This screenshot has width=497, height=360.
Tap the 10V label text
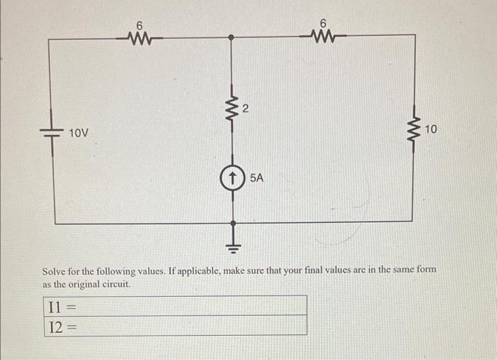pos(79,133)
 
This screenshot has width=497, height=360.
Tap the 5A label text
pos(256,178)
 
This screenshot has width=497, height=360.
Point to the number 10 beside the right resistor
pos(433,128)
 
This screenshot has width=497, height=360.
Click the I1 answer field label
pos(55,306)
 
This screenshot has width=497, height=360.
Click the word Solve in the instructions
pos(56,271)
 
